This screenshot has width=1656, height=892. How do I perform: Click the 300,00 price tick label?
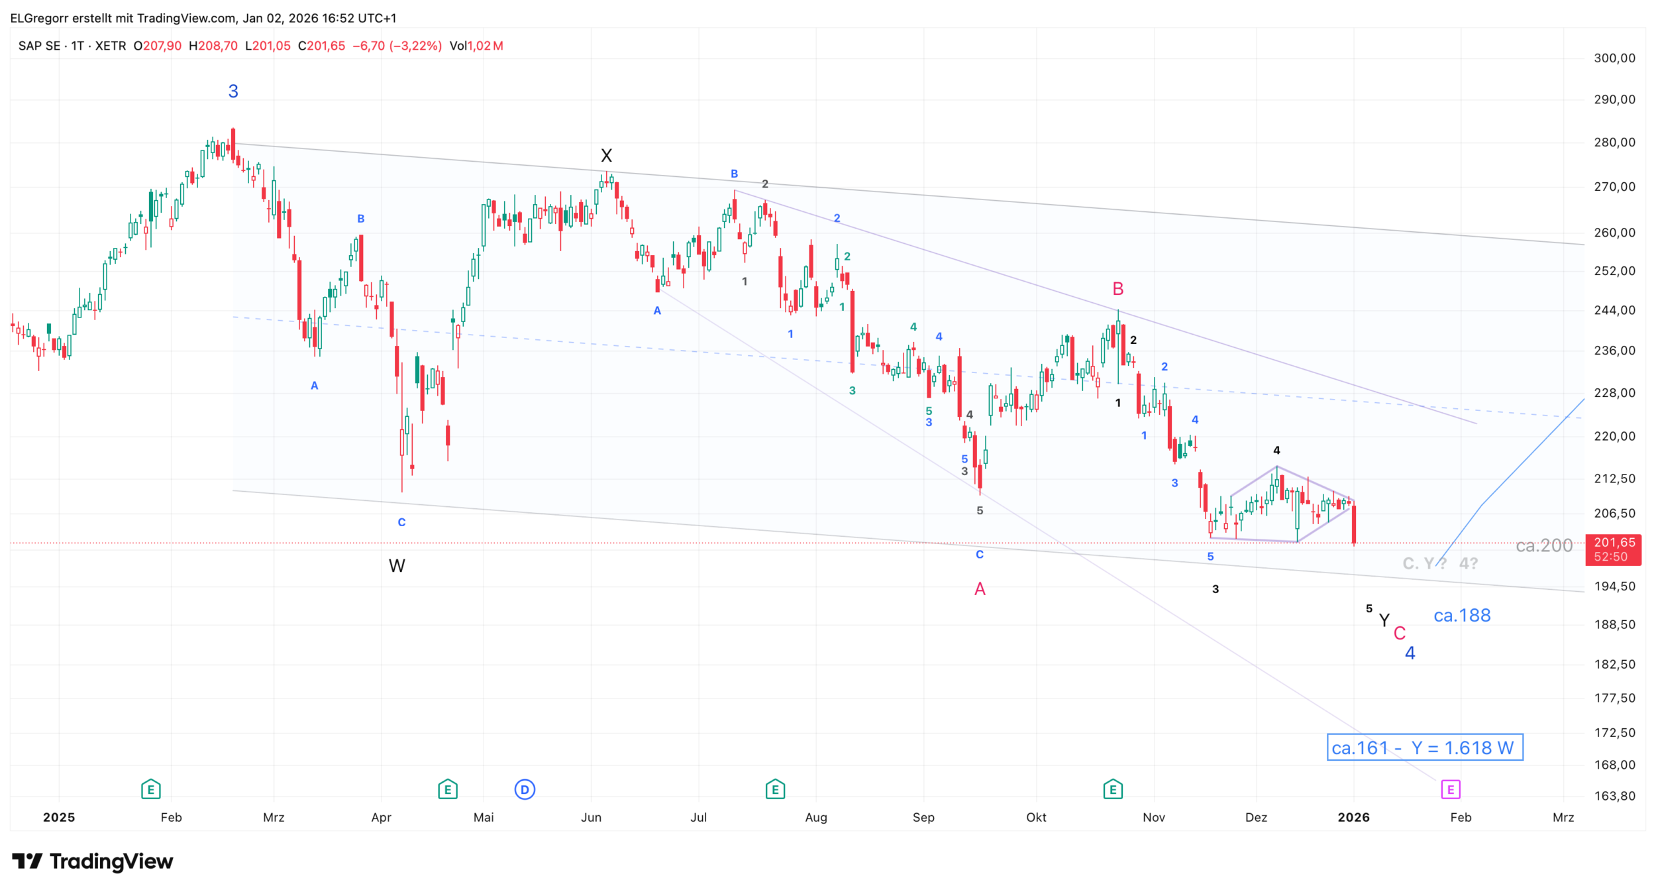1614,58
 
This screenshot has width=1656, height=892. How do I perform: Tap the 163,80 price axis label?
1614,796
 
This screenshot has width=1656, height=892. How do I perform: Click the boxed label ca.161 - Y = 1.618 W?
1424,748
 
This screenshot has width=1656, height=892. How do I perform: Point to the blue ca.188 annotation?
1461,616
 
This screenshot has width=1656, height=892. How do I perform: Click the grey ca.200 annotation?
1544,545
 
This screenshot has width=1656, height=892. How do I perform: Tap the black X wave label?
606,156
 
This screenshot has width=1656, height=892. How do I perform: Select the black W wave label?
397,566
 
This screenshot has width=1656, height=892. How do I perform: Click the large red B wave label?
1117,289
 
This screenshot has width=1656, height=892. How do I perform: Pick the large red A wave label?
980,589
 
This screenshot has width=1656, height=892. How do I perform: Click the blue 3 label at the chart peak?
233,91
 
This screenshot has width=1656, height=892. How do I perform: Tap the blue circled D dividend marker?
525,789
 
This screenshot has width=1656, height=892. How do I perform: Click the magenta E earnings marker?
1451,789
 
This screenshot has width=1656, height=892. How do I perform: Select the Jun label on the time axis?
591,817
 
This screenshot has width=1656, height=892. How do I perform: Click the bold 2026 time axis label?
1353,817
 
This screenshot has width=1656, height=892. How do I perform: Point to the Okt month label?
1036,817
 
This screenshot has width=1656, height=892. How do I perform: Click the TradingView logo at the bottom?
93,862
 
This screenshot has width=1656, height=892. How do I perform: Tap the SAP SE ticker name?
39,46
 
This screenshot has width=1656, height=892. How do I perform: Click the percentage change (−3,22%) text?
415,46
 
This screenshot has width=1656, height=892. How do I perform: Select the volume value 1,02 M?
486,46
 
